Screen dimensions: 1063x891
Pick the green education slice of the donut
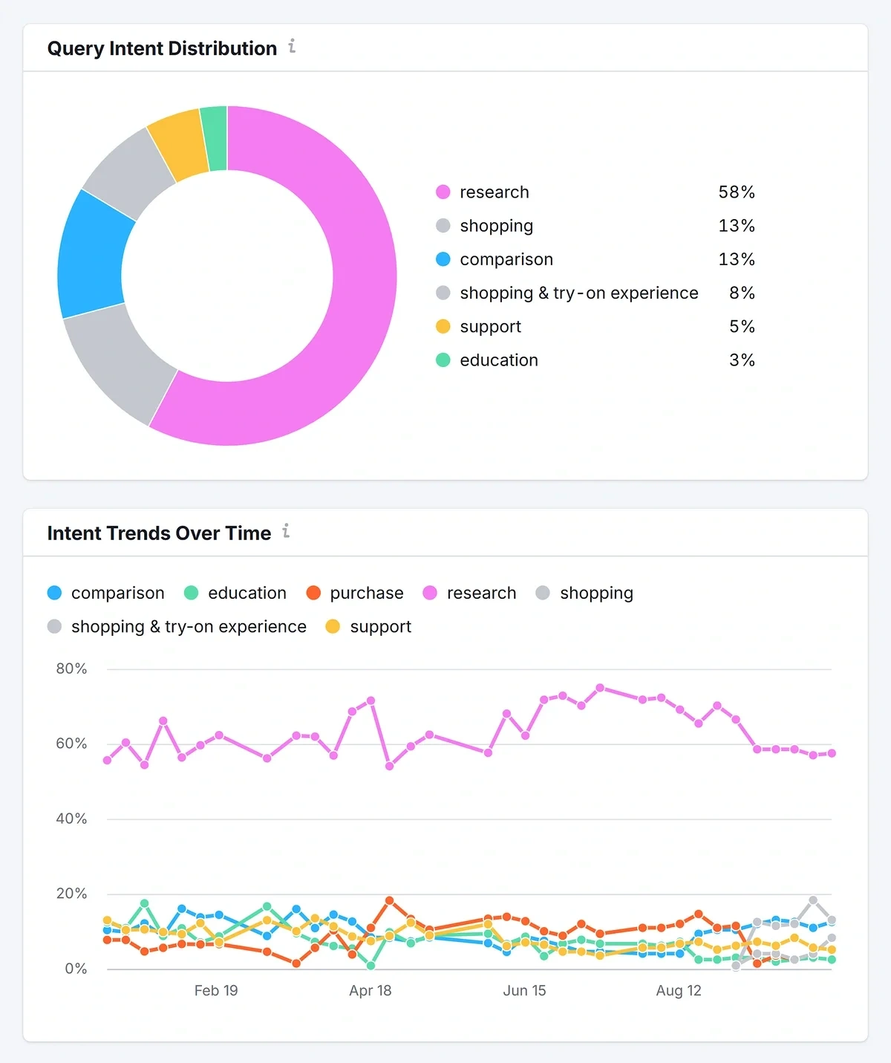[215, 139]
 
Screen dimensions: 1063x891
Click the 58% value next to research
[736, 192]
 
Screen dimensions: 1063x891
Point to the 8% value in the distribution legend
[741, 293]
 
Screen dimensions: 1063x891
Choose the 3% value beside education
[741, 360]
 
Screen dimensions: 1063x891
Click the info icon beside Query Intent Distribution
[292, 46]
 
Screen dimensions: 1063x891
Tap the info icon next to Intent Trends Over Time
[286, 531]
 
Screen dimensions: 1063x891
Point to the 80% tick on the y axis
[71, 669]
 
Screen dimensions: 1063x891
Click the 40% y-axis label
[71, 819]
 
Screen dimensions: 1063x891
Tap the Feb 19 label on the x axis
[216, 990]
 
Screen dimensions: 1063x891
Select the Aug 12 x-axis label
[679, 990]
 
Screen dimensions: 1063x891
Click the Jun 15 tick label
[524, 990]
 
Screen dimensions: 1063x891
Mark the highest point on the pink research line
[600, 688]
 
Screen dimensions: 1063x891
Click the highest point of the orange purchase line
[389, 900]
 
